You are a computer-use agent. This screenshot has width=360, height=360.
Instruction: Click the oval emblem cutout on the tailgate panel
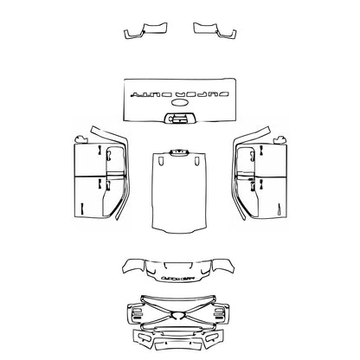tap(181, 103)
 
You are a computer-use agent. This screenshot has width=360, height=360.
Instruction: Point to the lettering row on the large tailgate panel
tap(180, 91)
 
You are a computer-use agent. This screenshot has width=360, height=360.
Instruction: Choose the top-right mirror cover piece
tap(216, 32)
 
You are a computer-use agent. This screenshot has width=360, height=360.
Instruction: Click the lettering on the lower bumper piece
tap(179, 278)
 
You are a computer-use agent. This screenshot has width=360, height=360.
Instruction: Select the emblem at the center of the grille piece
tap(179, 309)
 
